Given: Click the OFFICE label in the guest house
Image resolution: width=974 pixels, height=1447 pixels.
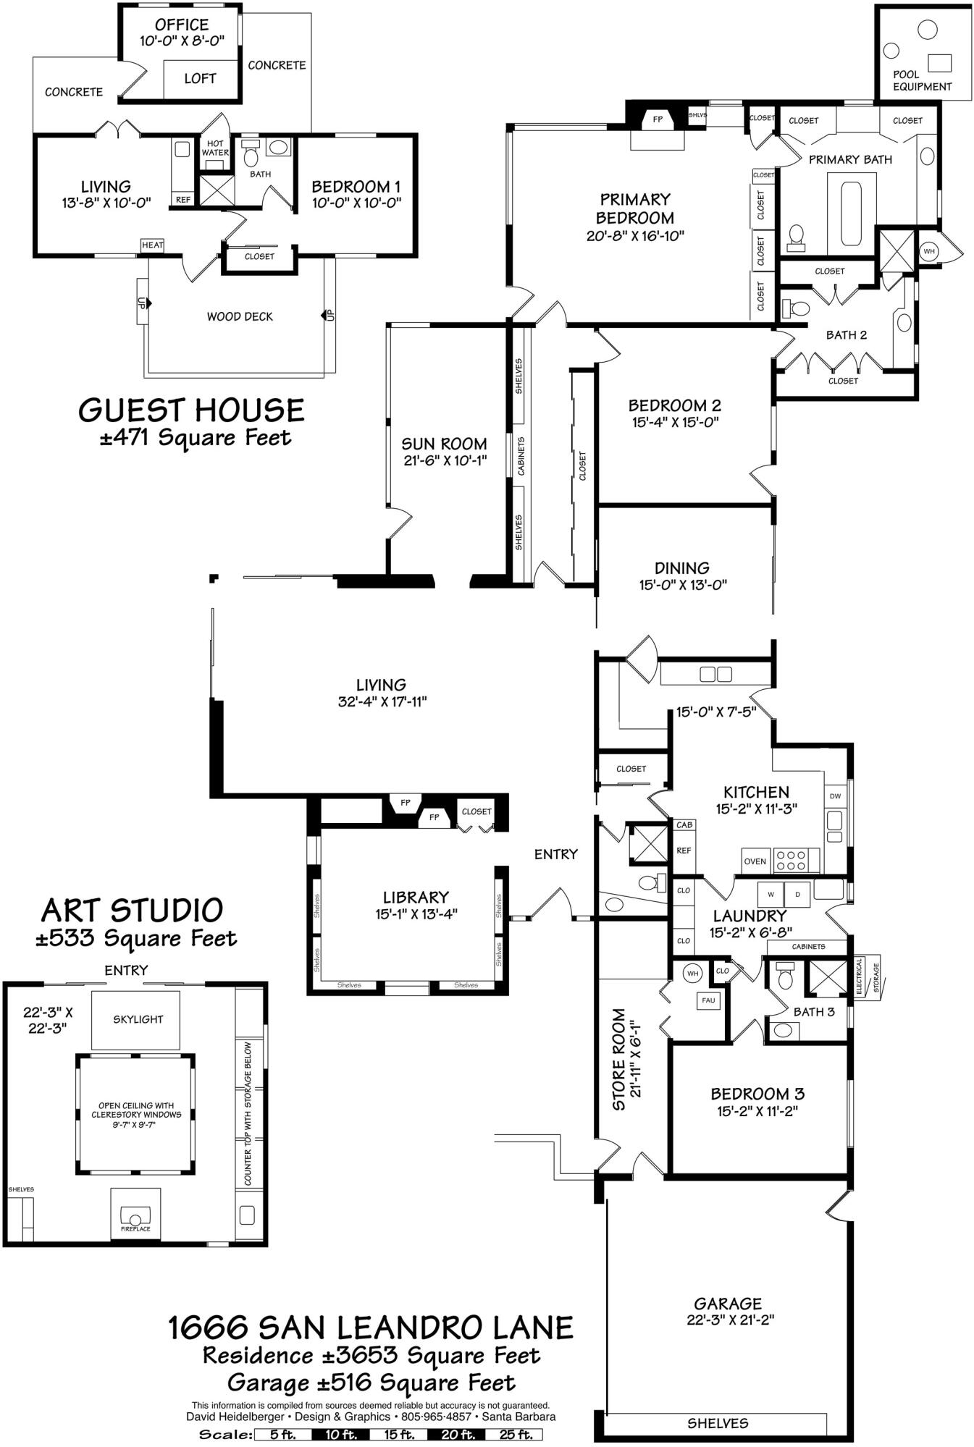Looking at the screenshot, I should click(x=182, y=25).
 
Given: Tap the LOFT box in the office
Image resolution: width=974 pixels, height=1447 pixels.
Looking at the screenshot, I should click(x=200, y=79).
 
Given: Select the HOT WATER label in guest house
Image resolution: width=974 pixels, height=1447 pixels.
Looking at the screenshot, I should click(x=215, y=148).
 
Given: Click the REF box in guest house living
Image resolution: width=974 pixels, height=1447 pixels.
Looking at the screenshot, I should click(x=183, y=200).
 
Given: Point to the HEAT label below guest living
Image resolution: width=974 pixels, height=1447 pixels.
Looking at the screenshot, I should click(x=152, y=245).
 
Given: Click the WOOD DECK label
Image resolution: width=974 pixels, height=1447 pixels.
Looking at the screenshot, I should click(x=240, y=316).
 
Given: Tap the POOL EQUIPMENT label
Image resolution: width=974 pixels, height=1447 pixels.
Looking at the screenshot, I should click(x=921, y=80).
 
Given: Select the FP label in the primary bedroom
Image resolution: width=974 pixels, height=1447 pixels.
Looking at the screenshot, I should click(x=658, y=119).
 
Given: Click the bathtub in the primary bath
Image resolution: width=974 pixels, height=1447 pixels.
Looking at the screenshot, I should click(x=850, y=214).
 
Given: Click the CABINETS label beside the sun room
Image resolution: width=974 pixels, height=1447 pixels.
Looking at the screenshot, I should click(x=521, y=456).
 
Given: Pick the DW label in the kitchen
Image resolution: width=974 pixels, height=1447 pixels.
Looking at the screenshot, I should click(x=835, y=796).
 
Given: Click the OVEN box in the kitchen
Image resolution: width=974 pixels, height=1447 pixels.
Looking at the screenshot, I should click(x=755, y=861).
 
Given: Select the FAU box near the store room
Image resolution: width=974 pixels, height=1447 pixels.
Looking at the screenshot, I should click(x=708, y=1001).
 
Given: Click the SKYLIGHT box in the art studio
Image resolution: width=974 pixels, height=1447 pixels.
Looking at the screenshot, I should click(x=138, y=1019).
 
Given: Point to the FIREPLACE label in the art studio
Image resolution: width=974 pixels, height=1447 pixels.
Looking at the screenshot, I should click(x=135, y=1228).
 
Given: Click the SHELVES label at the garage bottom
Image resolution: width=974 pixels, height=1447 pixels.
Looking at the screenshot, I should click(x=718, y=1423).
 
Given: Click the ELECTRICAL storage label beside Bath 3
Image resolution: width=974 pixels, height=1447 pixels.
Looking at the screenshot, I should click(x=860, y=977).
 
